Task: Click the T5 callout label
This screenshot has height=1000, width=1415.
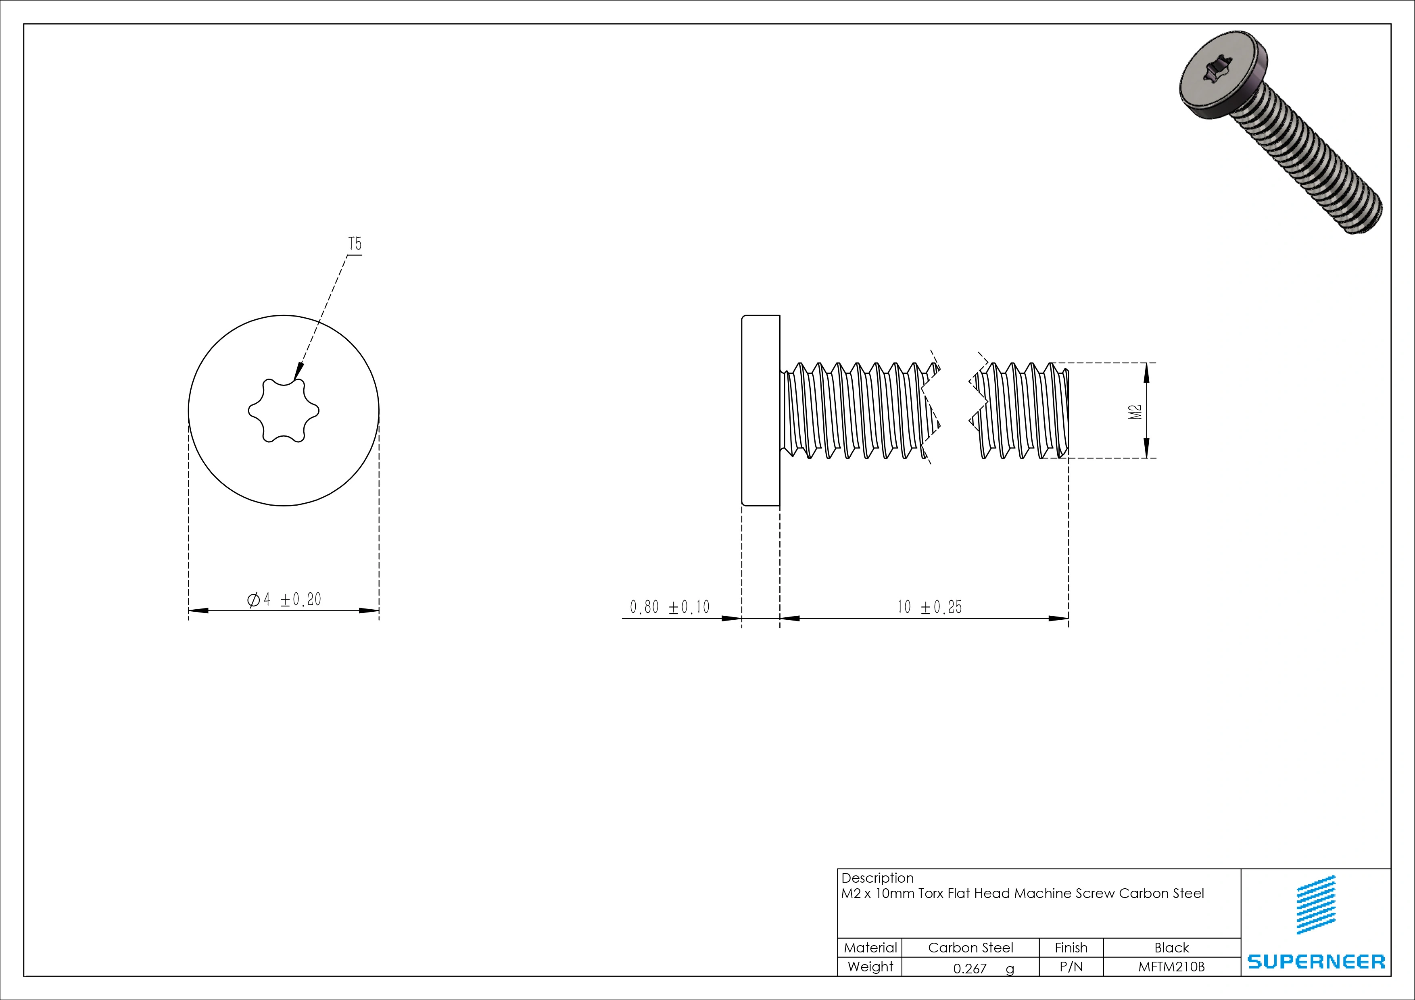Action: (x=355, y=244)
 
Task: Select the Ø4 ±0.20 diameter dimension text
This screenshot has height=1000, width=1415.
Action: (x=284, y=600)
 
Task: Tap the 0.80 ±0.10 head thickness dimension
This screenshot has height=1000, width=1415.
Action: (x=669, y=608)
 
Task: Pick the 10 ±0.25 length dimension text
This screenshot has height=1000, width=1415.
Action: (x=929, y=608)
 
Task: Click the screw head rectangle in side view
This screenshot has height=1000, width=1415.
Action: (x=760, y=410)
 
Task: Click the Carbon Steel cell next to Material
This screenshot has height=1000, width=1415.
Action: (x=970, y=948)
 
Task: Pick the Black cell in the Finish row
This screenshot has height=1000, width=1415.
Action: (x=1171, y=948)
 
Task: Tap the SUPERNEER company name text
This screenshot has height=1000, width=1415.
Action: (x=1316, y=962)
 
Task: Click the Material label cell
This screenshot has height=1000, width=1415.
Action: (x=870, y=948)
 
